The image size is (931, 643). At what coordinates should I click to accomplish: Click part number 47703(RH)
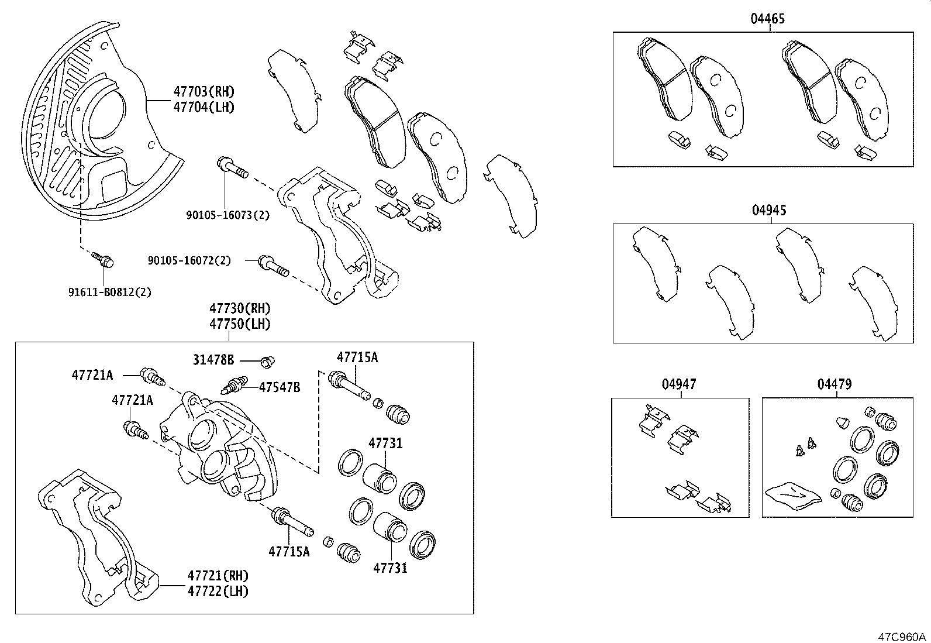pos(204,91)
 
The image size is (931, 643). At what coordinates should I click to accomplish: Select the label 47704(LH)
pos(204,107)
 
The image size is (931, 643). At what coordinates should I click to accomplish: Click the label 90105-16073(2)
pos(228,215)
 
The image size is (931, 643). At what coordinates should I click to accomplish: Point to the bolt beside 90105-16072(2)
pos(273,266)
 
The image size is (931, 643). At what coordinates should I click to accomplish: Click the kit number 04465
pos(767,19)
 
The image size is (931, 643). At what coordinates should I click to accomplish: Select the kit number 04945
pos(768,211)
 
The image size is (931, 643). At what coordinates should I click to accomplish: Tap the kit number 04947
pos(679,384)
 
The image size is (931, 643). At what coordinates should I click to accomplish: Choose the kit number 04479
pos(835,384)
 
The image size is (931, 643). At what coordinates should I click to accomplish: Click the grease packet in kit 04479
pos(792,493)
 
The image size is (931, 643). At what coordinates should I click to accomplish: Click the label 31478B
pos(213,360)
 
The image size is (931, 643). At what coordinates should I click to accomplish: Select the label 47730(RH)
pos(240,308)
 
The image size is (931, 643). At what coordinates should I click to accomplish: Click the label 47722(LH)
pos(218,592)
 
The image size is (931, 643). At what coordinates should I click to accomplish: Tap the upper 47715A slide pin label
pos(357,357)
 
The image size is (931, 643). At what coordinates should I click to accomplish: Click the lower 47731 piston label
pos(390,567)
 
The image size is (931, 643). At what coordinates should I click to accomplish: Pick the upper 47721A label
pos(92,374)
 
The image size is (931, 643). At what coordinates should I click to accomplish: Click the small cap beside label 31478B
pos(267,362)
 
